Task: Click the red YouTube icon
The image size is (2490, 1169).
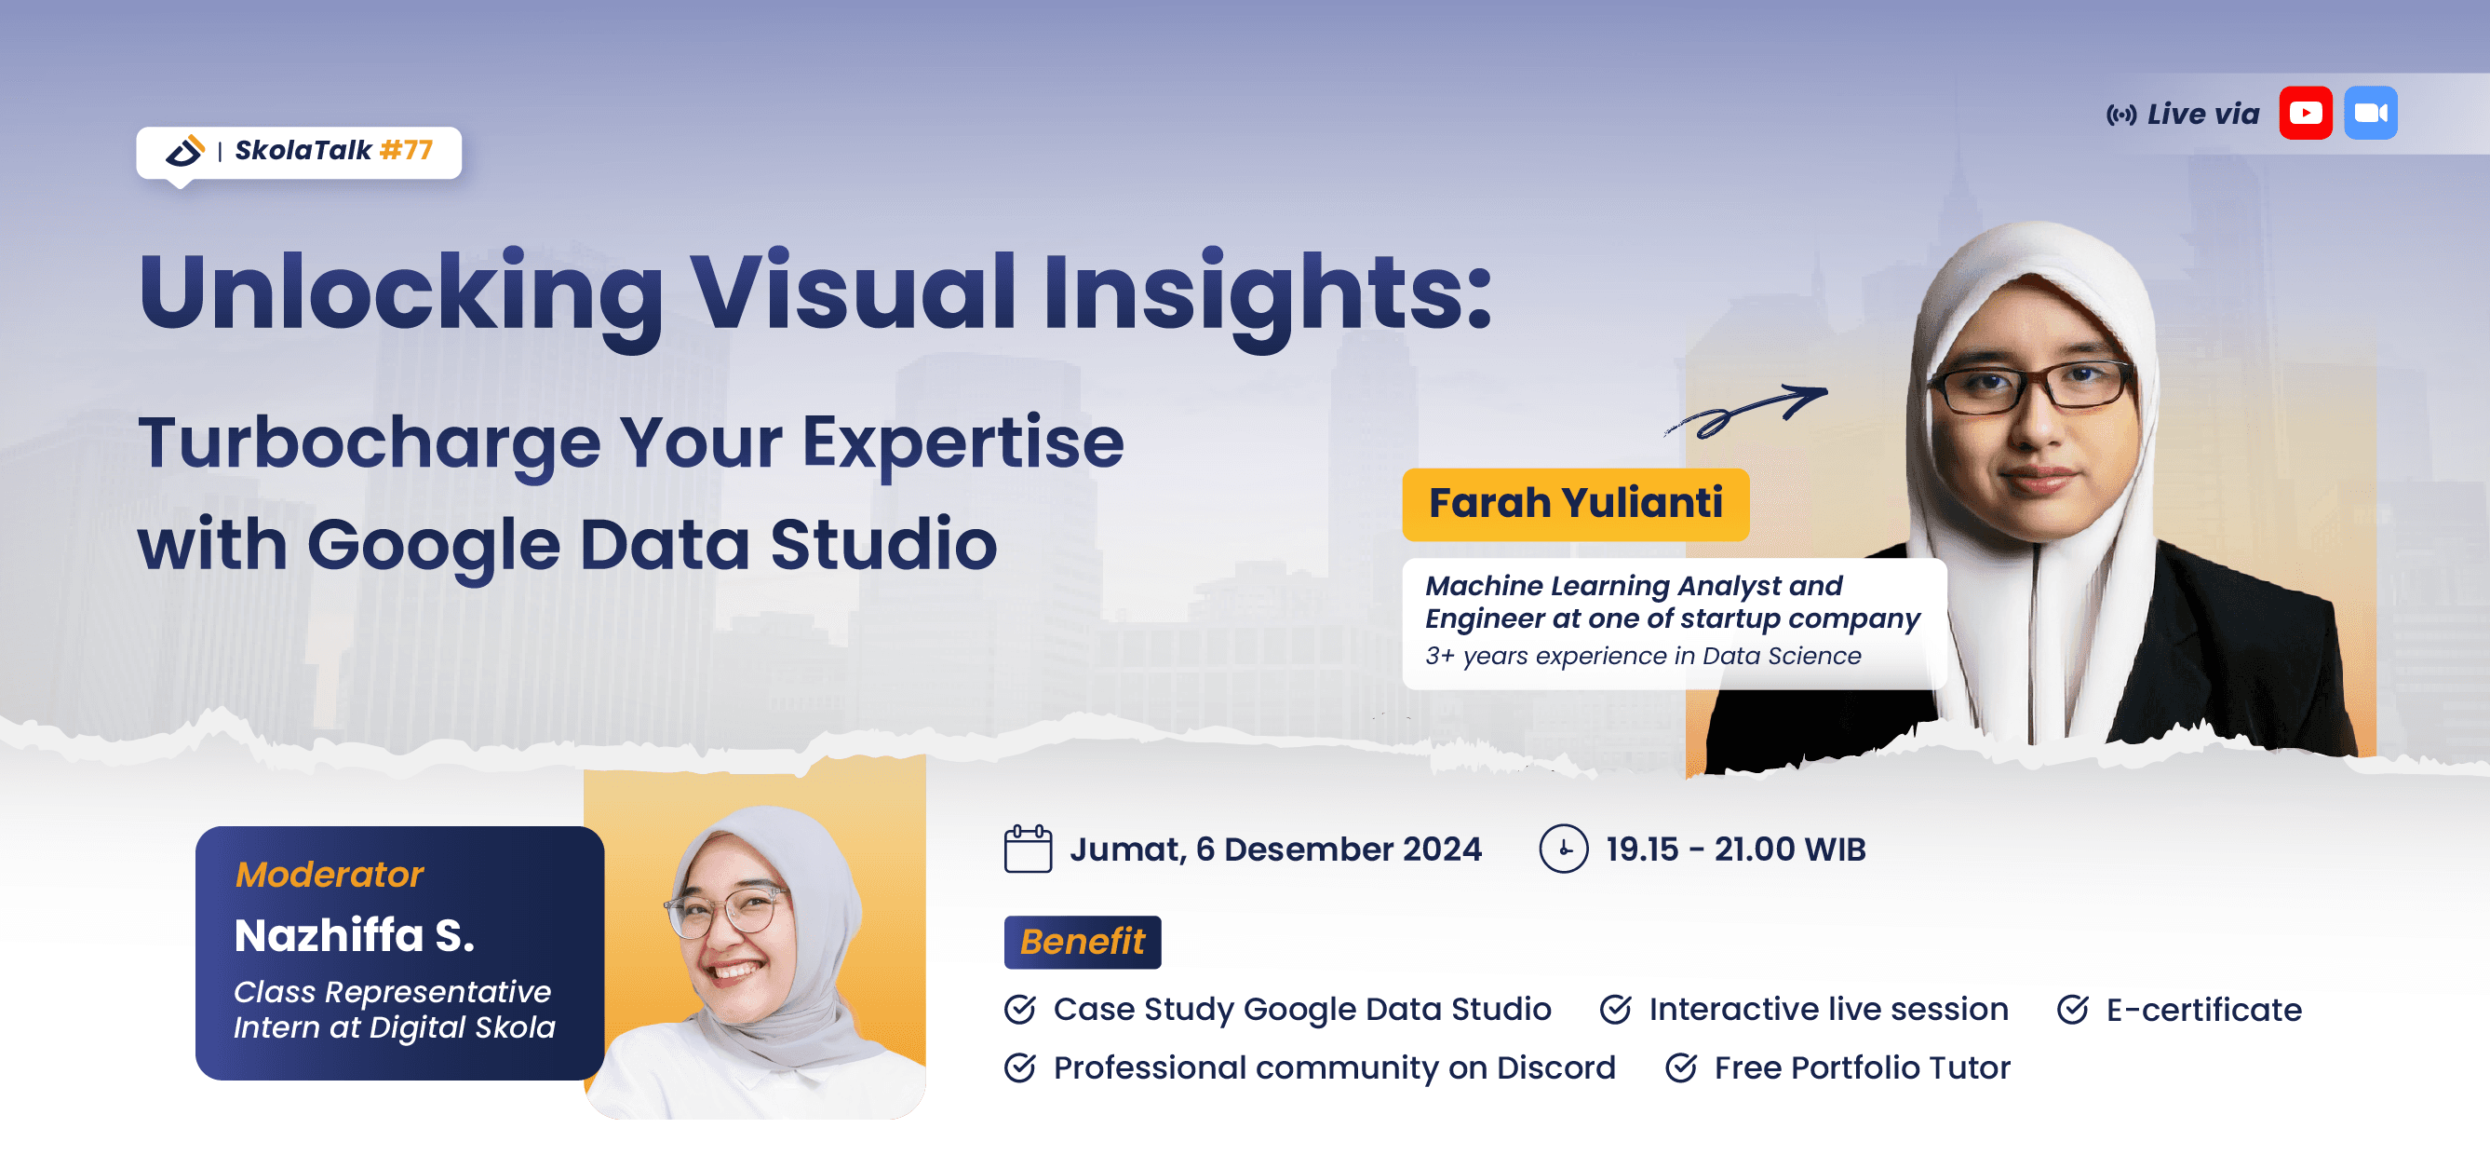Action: [2305, 113]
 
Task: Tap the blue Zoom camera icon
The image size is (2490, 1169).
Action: [2370, 113]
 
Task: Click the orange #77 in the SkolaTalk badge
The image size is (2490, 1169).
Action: [406, 150]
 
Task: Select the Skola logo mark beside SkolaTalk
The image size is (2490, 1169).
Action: [184, 151]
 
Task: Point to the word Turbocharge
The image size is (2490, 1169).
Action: [368, 442]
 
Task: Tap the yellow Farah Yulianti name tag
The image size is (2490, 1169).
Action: [1575, 504]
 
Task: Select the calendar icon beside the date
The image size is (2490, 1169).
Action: [1028, 849]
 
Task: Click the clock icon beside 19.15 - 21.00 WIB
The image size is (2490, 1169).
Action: [1563, 849]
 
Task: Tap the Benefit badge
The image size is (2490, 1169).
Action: [1082, 942]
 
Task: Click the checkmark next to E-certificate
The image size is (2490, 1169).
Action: [2072, 1010]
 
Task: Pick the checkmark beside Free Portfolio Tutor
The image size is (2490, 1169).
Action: [1681, 1067]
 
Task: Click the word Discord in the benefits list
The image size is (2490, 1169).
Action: [1555, 1067]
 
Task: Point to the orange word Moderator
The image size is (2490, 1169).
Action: [329, 875]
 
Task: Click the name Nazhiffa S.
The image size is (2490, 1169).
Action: [354, 936]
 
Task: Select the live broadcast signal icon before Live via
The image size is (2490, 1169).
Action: [2120, 116]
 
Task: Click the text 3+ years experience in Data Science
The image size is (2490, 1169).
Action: [1642, 657]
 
